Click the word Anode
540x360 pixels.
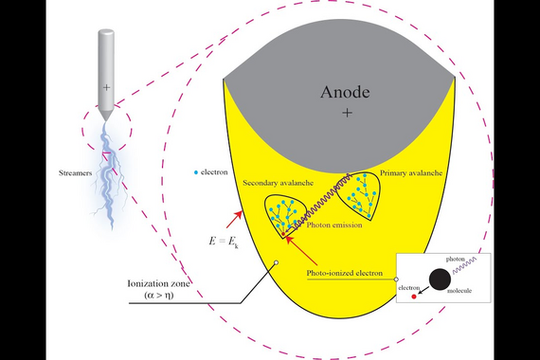345,92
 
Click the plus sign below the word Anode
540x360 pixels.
347,113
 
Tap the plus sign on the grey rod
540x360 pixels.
106,87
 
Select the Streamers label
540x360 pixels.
76,173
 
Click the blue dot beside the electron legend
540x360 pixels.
196,172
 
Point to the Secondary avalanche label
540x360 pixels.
278,183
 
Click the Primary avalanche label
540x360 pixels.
411,173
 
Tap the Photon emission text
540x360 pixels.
334,225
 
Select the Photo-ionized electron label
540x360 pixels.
345,273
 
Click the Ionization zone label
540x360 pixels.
159,284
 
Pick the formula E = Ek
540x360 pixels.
224,242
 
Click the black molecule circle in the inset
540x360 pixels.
440,279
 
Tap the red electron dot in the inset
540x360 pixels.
414,297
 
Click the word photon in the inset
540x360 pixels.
456,259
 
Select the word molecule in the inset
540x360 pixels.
459,291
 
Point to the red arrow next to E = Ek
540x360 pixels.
235,220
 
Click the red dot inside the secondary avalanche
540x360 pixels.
283,234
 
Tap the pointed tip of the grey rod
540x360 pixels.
106,120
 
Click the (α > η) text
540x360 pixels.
159,296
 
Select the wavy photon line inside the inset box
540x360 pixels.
464,265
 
